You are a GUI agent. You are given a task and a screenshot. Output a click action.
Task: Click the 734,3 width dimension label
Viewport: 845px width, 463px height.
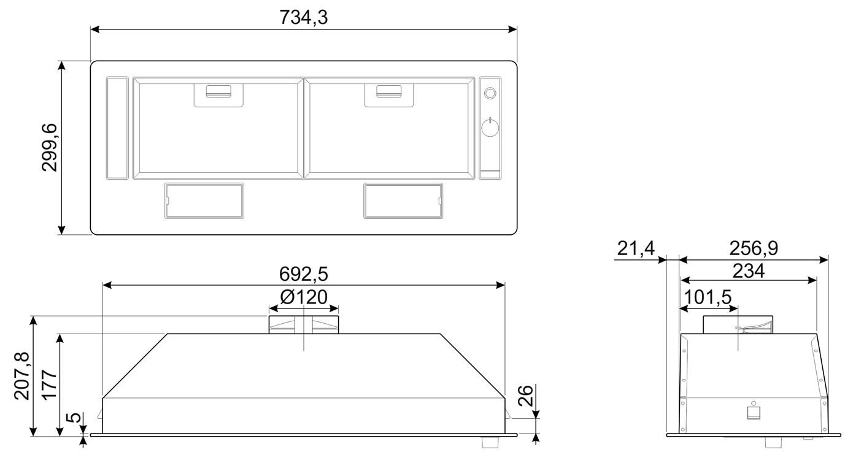point(304,17)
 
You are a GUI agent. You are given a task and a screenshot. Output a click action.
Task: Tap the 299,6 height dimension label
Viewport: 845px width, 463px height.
point(50,147)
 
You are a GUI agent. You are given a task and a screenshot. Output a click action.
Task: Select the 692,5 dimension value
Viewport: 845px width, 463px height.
point(304,274)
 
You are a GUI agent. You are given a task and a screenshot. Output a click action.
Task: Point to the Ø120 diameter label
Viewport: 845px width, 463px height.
point(304,297)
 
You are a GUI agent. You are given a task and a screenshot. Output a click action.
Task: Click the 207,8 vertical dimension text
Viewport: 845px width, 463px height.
point(22,376)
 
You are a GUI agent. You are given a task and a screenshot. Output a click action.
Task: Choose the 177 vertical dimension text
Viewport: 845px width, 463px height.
point(50,385)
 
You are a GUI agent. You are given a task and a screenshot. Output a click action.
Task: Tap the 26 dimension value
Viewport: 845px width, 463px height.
point(525,396)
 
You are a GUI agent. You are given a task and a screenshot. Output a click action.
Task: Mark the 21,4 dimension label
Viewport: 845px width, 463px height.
point(636,249)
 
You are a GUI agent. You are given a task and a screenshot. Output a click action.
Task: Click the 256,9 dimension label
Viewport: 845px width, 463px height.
point(754,248)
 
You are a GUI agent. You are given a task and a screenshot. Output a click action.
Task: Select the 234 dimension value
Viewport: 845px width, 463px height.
point(749,271)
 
